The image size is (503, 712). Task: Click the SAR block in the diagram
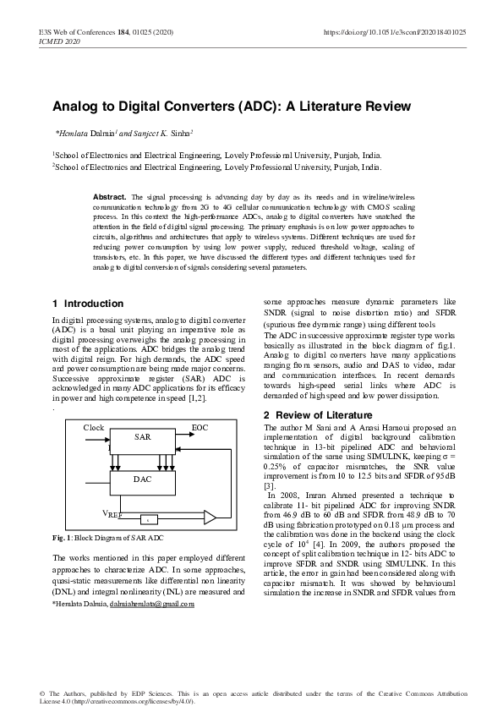(143, 436)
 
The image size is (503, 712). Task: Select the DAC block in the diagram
(143, 479)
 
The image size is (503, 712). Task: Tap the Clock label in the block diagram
(93, 428)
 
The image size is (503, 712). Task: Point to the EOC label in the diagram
(200, 428)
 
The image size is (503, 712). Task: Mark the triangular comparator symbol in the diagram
(210, 516)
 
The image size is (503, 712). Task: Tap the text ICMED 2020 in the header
(59, 41)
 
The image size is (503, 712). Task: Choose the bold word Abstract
(109, 195)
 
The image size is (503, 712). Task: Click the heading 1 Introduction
(88, 304)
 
